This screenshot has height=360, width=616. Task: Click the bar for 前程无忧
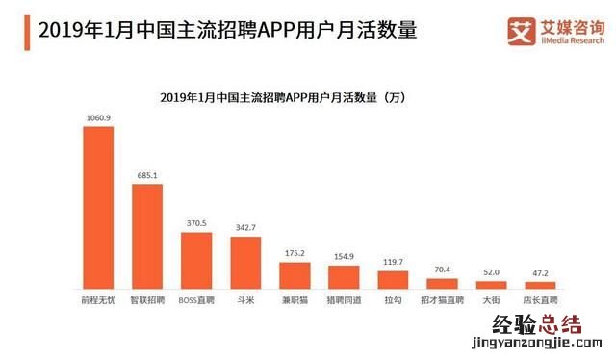[97, 208]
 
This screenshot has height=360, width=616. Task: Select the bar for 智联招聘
[146, 237]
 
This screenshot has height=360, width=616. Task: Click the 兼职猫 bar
[295, 275]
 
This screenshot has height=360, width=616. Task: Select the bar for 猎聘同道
[344, 277]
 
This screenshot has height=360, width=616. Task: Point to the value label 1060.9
[97, 118]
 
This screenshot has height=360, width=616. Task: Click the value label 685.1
[146, 176]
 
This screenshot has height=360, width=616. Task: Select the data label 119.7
[393, 263]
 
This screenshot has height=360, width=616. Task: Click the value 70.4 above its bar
[442, 270]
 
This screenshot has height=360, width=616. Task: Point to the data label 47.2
[540, 273]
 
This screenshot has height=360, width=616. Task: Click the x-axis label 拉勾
[393, 300]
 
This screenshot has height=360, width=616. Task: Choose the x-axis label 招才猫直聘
[442, 300]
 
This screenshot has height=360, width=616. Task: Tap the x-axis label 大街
[491, 300]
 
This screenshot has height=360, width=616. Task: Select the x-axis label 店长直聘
[540, 300]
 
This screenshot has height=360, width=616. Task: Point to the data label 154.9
[344, 257]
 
